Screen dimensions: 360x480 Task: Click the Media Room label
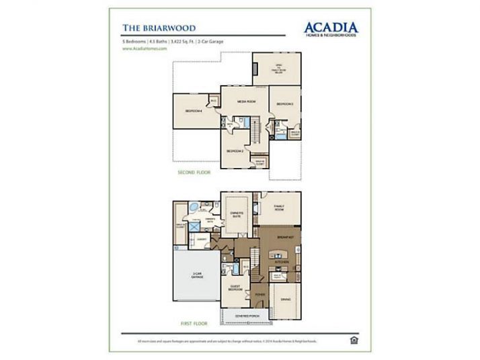246,101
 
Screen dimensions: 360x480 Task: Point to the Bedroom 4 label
194,110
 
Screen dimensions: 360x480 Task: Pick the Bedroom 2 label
234,151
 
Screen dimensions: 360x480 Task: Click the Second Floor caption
194,173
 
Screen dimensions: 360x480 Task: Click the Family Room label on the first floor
279,208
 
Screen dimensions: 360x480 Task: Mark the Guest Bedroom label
235,287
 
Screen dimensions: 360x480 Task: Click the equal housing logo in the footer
354,341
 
